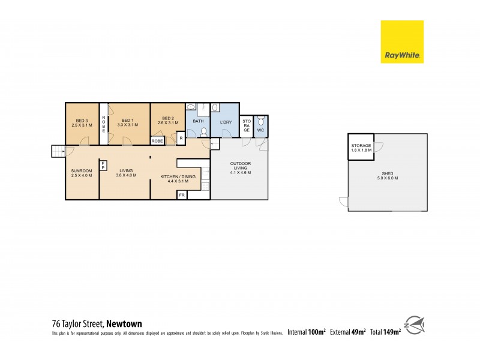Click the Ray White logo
(402, 41)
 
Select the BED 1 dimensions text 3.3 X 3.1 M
(126, 125)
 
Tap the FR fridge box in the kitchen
(181, 195)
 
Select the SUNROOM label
(82, 170)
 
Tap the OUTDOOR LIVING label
(240, 167)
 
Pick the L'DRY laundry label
(226, 123)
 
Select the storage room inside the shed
(361, 148)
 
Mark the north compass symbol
(415, 326)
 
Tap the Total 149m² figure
(386, 331)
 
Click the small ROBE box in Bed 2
(158, 141)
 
